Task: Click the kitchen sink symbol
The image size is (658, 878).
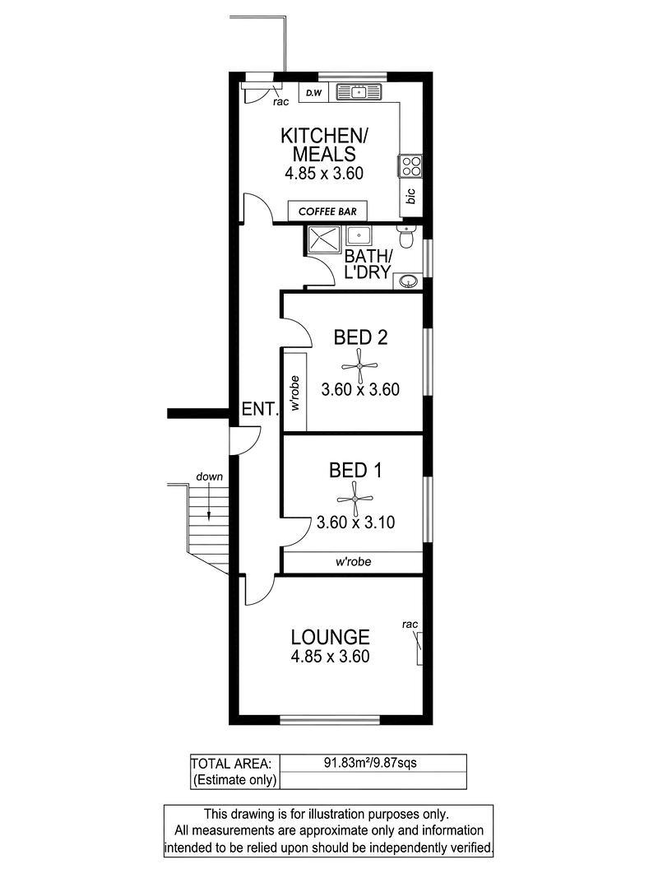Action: click(358, 92)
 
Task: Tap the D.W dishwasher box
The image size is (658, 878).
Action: click(314, 93)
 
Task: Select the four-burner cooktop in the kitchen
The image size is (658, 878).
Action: click(410, 165)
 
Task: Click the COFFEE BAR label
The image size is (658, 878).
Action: click(327, 211)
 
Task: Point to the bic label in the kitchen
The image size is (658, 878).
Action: click(410, 196)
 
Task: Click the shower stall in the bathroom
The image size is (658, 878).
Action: click(322, 241)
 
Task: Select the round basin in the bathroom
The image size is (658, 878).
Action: click(409, 281)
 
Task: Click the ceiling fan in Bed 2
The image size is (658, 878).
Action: click(359, 366)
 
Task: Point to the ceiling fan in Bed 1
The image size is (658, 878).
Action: click(354, 499)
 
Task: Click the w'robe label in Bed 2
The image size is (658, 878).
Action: click(295, 393)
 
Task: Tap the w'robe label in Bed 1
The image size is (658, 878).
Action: click(353, 562)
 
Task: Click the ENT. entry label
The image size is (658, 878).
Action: click(260, 409)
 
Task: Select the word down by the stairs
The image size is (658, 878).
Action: click(209, 476)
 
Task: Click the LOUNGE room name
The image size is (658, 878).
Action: click(330, 637)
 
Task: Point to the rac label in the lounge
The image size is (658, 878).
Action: click(410, 625)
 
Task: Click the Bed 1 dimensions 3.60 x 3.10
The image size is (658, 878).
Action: click(356, 523)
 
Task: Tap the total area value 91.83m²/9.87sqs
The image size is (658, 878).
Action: click(370, 763)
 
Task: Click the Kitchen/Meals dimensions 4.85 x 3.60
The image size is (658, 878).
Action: click(324, 173)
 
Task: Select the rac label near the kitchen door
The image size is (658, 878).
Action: click(280, 102)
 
